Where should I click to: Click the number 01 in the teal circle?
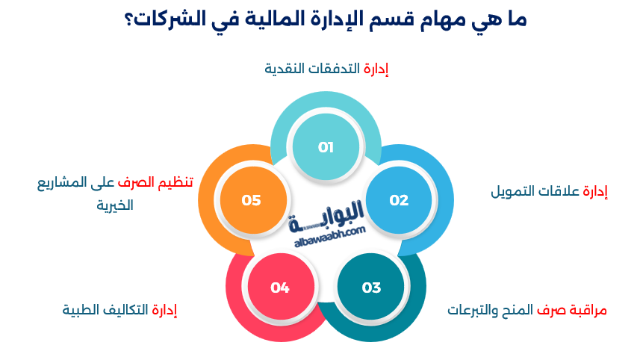tap(326, 147)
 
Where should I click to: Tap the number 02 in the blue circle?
tap(399, 200)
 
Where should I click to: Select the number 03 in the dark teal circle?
tap(371, 288)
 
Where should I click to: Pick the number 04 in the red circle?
tap(280, 288)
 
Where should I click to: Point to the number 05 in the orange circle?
tap(251, 200)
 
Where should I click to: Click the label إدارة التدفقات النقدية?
tap(326, 69)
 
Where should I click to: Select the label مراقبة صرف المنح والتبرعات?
tap(527, 309)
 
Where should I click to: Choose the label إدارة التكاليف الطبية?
tap(119, 309)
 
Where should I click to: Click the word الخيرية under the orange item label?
tap(115, 205)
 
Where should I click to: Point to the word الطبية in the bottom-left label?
tap(81, 309)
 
